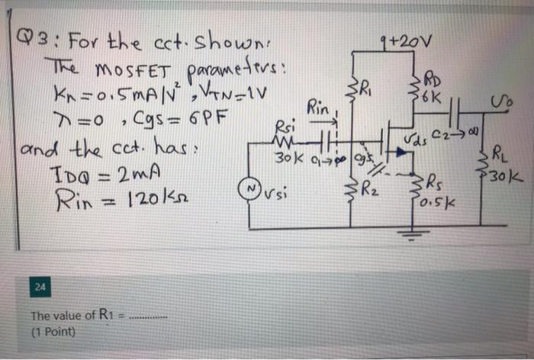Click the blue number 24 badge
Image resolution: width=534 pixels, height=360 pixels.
(x=39, y=287)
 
